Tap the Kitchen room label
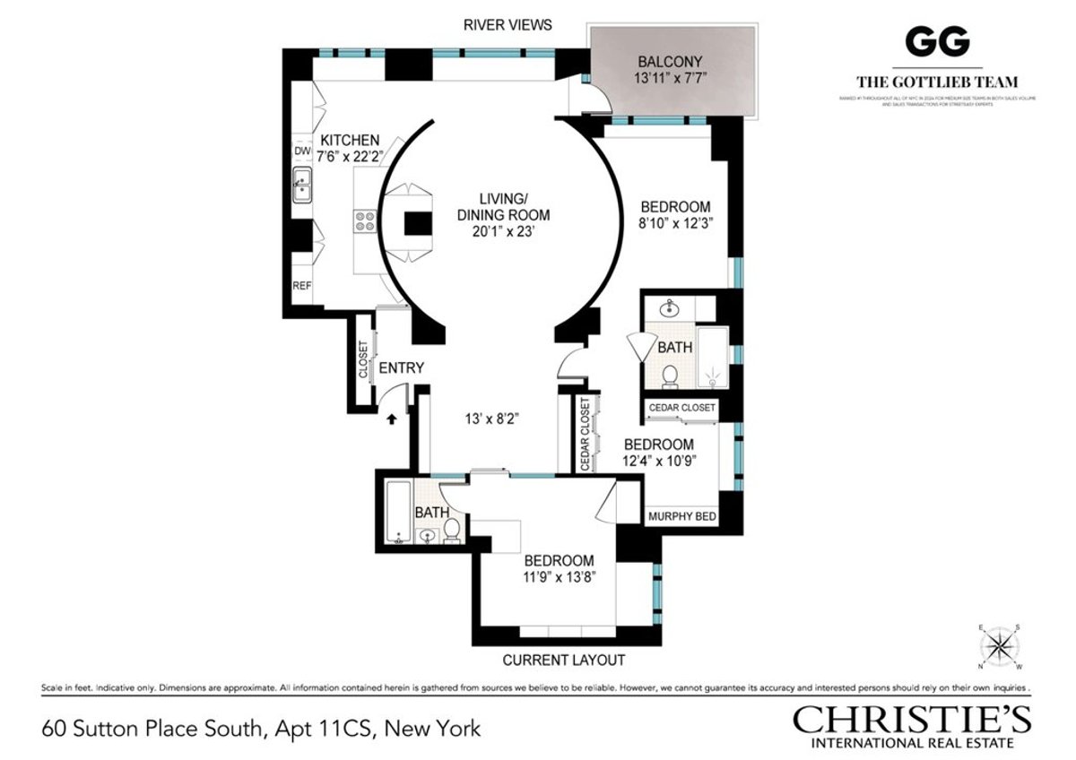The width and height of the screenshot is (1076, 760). point(350,141)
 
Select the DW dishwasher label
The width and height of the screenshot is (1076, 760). point(301,151)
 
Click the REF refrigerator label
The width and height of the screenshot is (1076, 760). point(301,287)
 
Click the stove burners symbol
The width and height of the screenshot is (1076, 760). point(365,220)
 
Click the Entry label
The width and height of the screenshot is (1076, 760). point(401,368)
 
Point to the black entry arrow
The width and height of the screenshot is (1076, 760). point(392,417)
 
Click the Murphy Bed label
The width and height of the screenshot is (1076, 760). point(681,516)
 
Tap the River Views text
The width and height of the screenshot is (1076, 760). point(508,25)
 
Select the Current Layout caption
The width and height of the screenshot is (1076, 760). point(563,661)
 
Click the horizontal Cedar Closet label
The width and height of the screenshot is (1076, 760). point(683,408)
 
